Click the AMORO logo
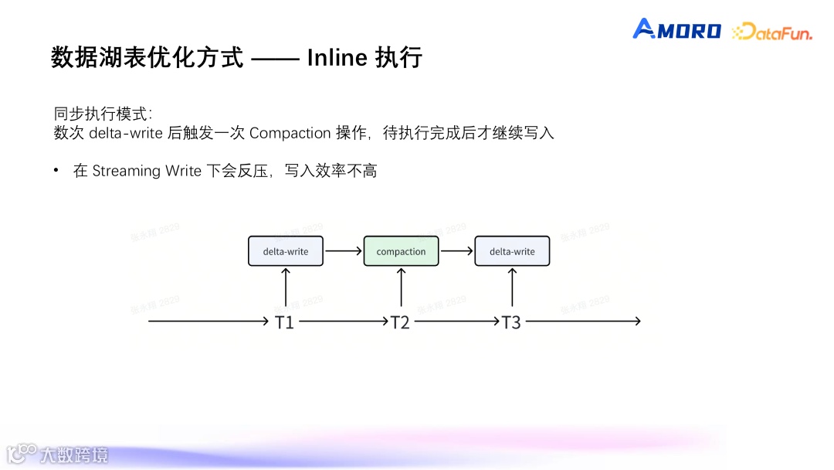tap(676, 30)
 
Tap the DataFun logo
tap(771, 32)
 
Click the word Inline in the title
tap(335, 58)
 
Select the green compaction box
tap(401, 251)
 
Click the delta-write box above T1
tap(286, 251)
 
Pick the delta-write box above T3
tap(512, 251)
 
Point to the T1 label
tap(285, 322)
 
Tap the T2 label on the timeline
tap(399, 322)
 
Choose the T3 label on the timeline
tap(511, 322)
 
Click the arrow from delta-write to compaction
tap(343, 251)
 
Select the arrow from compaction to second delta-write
tap(456, 251)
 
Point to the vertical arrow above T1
tap(286, 287)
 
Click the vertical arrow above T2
tap(401, 287)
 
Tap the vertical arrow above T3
tap(513, 287)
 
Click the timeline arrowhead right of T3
tap(636, 322)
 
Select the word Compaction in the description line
tap(290, 133)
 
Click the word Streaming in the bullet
tap(126, 171)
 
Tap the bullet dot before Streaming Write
tap(56, 170)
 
